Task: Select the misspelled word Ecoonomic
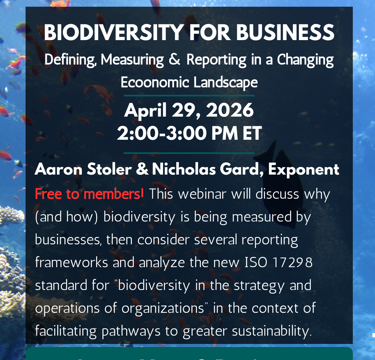(x=155, y=82)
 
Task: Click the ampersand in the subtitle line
(x=174, y=59)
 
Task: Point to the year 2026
(x=230, y=110)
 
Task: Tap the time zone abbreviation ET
(x=252, y=134)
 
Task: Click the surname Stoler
(x=109, y=169)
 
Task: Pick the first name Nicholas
(x=184, y=169)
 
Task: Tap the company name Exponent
(x=304, y=169)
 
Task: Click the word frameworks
(x=71, y=263)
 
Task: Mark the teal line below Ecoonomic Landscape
(x=189, y=96)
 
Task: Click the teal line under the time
(x=189, y=153)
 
